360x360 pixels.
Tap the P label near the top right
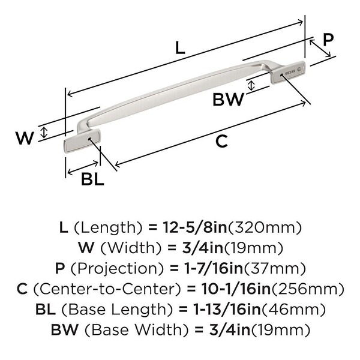(x=328, y=40)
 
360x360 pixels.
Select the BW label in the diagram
(x=229, y=99)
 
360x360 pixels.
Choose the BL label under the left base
(x=92, y=179)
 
